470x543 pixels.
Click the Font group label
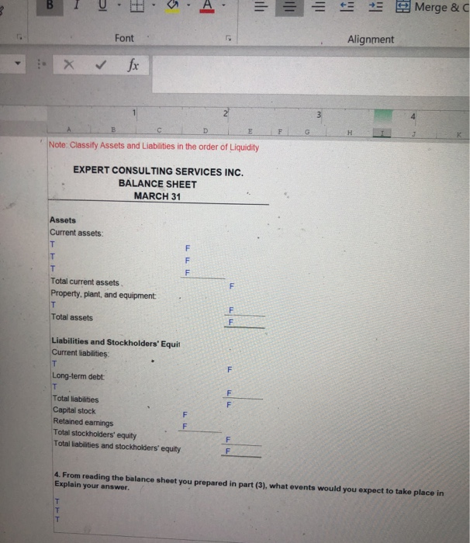coord(124,38)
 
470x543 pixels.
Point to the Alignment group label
coord(371,39)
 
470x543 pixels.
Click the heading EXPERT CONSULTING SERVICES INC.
coord(157,171)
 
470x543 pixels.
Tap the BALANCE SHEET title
coord(157,184)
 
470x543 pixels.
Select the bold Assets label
coord(63,220)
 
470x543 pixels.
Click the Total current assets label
coord(85,282)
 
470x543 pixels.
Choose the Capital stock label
coord(75,410)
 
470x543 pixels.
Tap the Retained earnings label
coord(83,423)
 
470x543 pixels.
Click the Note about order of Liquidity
coord(152,147)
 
